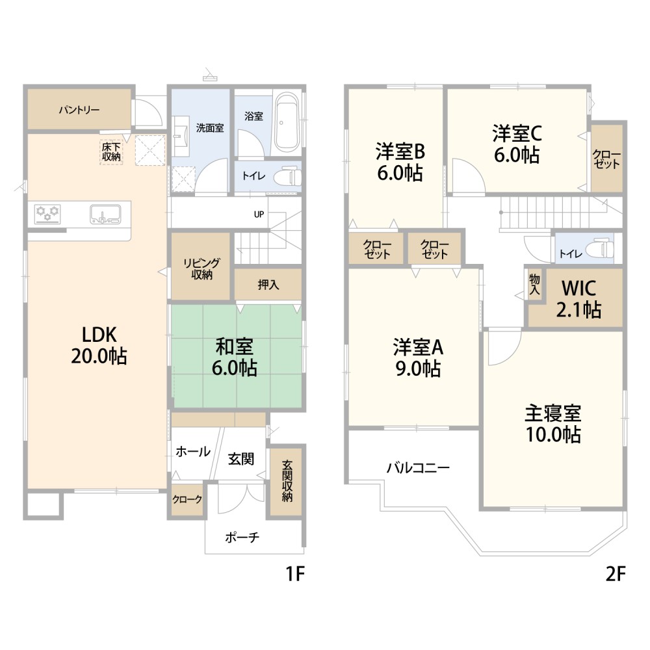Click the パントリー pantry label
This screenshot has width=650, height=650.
coord(79,110)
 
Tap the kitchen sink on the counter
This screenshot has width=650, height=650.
coord(105,213)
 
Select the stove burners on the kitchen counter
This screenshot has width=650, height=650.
coord(47,213)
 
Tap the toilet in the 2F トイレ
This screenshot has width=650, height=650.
coord(599,249)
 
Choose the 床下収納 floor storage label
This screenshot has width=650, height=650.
coord(111,151)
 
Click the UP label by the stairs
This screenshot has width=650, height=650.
coord(259,214)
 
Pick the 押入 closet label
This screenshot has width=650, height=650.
coord(268,285)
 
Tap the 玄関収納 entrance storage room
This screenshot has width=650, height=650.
coord(287,481)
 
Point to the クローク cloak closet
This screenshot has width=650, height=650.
coord(187,500)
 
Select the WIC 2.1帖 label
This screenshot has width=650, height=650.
coord(578,298)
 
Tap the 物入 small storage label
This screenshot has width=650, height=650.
coord(534,283)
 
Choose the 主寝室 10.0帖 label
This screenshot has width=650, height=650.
coord(552,423)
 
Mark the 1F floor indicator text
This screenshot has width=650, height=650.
coord(295,574)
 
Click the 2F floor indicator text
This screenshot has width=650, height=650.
coord(615,574)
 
